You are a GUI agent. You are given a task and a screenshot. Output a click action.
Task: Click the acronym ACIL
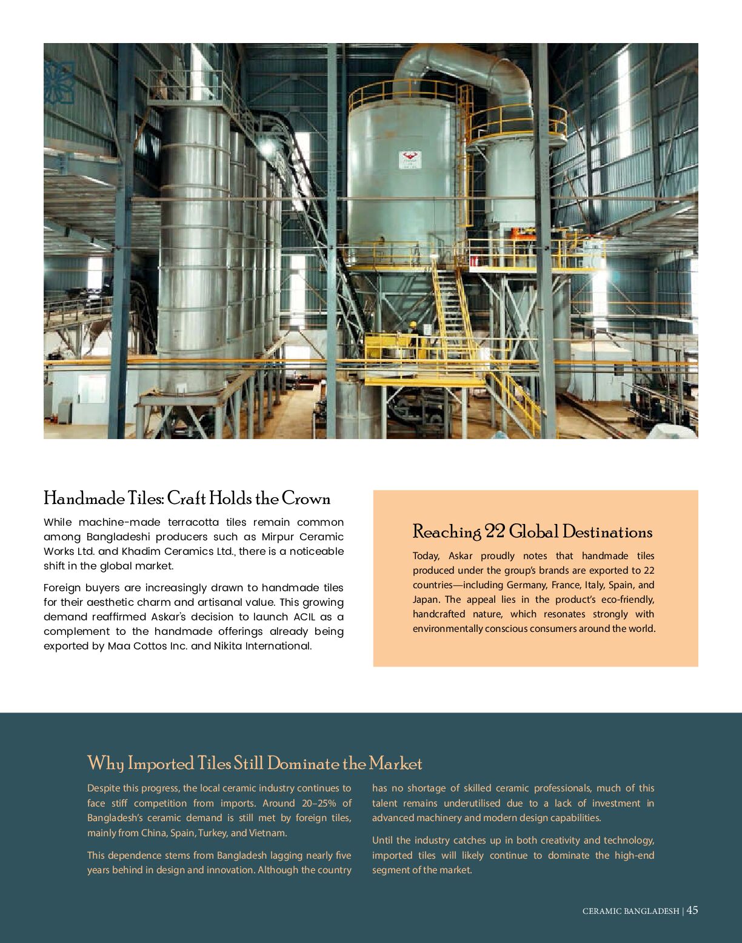[x=306, y=617]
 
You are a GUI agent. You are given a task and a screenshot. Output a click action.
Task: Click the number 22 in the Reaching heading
[x=495, y=532]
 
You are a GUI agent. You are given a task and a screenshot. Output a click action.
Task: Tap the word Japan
[x=426, y=600]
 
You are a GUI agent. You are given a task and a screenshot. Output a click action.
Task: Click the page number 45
[x=692, y=910]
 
